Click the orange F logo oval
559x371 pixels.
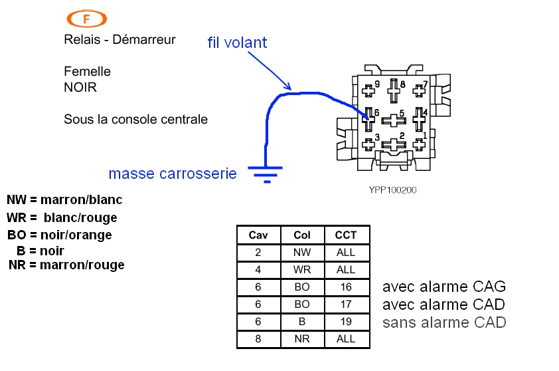pyautogui.click(x=87, y=19)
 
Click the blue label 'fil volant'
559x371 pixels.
pyautogui.click(x=237, y=43)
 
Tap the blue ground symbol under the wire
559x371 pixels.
pyautogui.click(x=266, y=174)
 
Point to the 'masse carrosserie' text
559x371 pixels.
pyautogui.click(x=173, y=174)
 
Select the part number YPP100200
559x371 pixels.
pyautogui.click(x=392, y=189)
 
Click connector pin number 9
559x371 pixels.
pyautogui.click(x=369, y=88)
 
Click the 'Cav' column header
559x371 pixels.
pyautogui.click(x=258, y=235)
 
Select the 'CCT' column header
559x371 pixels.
pyautogui.click(x=346, y=235)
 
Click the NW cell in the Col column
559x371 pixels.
pyautogui.click(x=301, y=253)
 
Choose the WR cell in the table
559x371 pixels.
pyautogui.click(x=301, y=270)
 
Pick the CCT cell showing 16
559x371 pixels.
pyautogui.click(x=346, y=287)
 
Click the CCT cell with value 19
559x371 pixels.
pyautogui.click(x=346, y=322)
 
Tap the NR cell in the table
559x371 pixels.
pyautogui.click(x=301, y=339)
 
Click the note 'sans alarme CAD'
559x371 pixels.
pyautogui.click(x=444, y=323)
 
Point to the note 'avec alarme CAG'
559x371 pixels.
pyautogui.click(x=444, y=287)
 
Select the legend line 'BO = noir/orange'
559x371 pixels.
pyautogui.click(x=60, y=235)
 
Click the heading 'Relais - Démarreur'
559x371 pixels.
pyautogui.click(x=120, y=40)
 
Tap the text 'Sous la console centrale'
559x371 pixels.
pyautogui.click(x=135, y=120)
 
